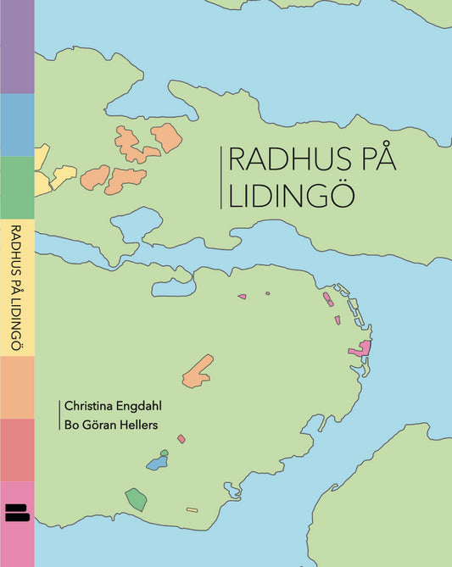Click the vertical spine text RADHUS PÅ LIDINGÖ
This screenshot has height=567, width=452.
[x=16, y=288]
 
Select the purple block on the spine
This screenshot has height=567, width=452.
[x=16, y=47]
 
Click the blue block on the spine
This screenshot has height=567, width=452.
[x=16, y=125]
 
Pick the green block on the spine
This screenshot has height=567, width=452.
[x=16, y=188]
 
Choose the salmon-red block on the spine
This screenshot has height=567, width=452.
[x=16, y=449]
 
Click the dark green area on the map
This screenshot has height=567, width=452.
[x=136, y=499]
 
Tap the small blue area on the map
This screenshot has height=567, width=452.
[x=156, y=464]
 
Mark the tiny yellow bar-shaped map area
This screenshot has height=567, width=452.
[x=192, y=509]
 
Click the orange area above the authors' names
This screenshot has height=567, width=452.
[x=198, y=371]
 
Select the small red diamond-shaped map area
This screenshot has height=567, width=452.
[x=181, y=438]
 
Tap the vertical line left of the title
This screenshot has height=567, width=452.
[x=220, y=177]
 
